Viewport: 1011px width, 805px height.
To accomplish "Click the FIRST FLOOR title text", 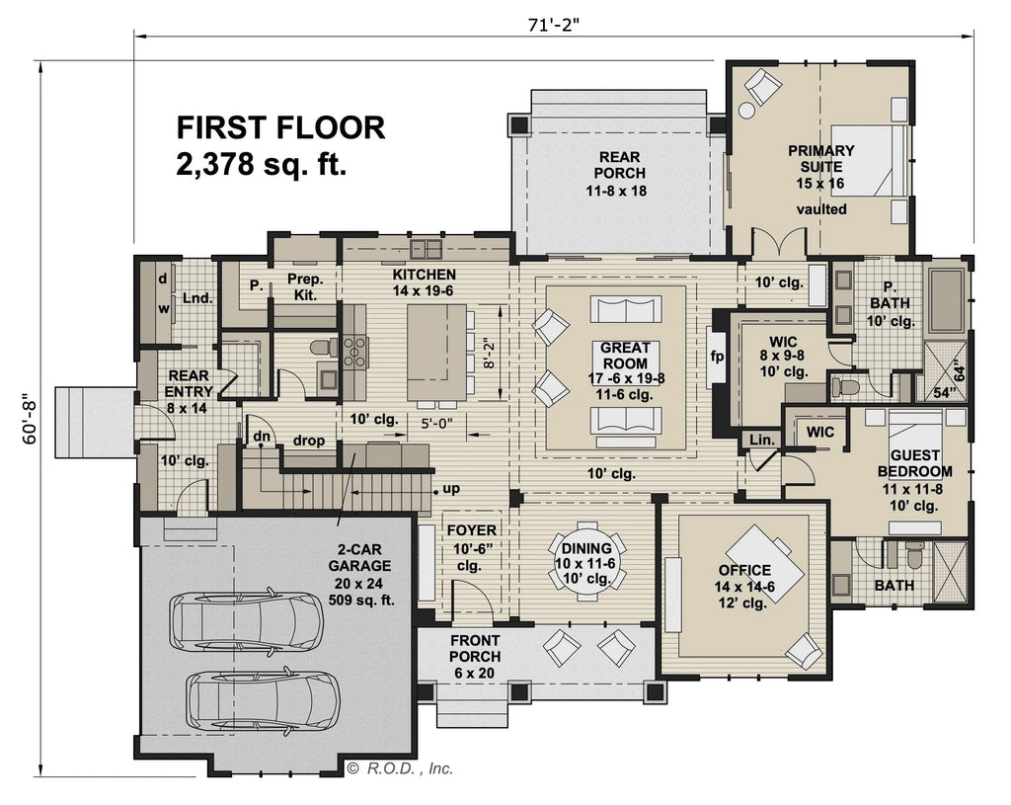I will tap(280, 127).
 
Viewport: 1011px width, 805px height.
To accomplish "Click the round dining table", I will tap(587, 570).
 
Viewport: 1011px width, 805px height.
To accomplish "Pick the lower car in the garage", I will tap(262, 699).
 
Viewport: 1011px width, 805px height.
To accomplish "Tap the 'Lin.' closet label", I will tap(760, 439).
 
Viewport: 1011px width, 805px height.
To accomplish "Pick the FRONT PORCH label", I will tap(475, 656).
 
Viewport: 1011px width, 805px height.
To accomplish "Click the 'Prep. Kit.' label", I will tap(304, 286).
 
